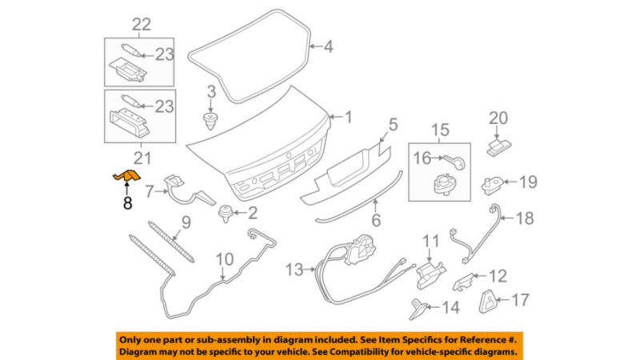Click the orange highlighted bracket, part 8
coord(126,176)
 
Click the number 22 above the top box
coord(141,25)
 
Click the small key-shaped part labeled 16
coord(458,162)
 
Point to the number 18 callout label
coord(523,218)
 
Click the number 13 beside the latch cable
coord(295,269)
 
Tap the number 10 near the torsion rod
coord(225,259)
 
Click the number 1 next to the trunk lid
coord(346,118)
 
